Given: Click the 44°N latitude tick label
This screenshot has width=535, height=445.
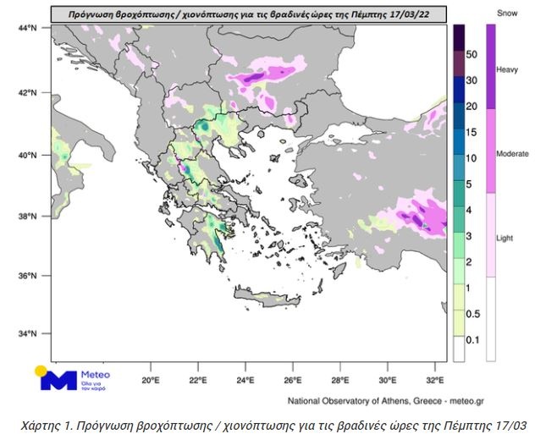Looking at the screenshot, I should pos(27,29).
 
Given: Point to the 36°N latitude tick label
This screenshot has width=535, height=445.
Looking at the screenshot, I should pos(27,276).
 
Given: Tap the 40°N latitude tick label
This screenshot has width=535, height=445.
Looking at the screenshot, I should pos(27,155).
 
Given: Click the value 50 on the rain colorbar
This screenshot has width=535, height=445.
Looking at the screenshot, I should pos(472,54).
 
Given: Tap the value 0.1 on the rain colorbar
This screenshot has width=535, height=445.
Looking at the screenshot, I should pos(472,341).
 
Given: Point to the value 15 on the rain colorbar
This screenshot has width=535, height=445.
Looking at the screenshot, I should pos(472,132).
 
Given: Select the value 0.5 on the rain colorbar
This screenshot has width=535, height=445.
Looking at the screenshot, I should pos(472,315).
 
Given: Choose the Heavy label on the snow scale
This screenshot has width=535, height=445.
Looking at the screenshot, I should pos(507,69).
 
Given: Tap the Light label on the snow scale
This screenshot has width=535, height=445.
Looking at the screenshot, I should pos(505,238).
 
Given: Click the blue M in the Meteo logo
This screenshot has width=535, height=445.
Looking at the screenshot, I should pos(59,379).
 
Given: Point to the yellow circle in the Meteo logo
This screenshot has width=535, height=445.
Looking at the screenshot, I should pos(40,371).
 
